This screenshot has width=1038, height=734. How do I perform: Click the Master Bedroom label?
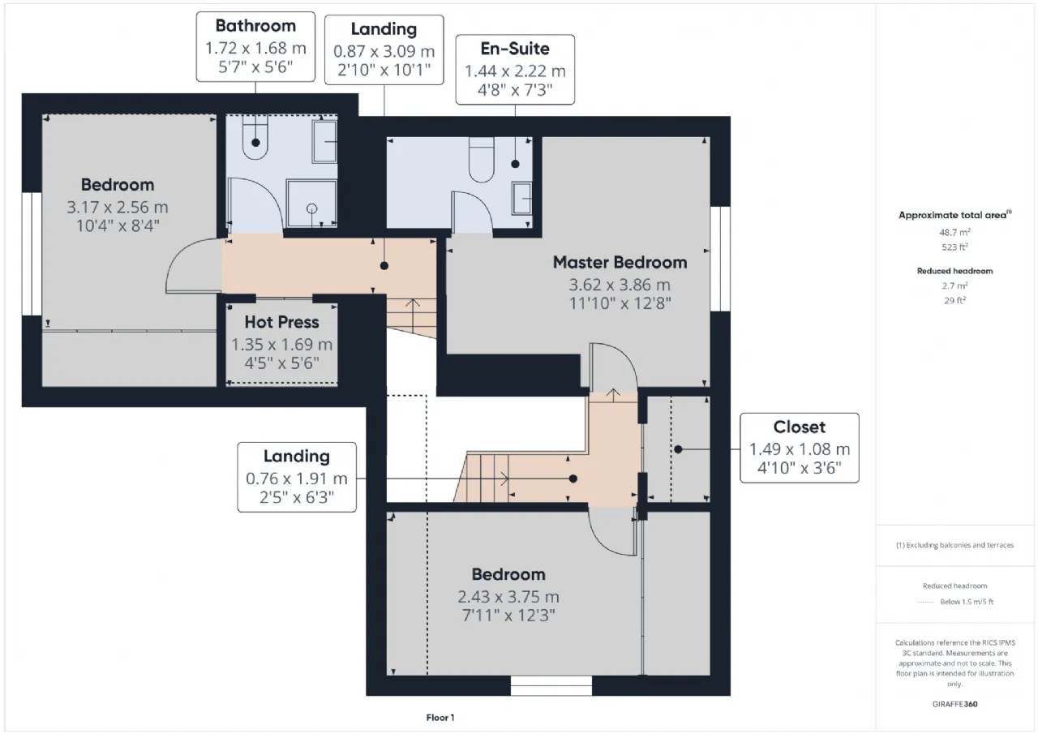620,262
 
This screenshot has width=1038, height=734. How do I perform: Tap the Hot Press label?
281,322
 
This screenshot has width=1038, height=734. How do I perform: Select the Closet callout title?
800,427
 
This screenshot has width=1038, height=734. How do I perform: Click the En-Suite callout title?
515,48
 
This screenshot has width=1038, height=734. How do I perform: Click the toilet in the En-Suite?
482,160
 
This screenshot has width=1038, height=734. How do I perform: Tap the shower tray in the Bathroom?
312,204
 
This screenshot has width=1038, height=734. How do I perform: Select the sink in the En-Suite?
521,199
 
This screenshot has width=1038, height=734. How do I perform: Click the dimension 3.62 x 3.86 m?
620,285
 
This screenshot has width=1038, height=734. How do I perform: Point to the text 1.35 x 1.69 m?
281,345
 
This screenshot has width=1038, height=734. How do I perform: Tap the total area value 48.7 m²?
954,232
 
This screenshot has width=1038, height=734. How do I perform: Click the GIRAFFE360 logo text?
954,704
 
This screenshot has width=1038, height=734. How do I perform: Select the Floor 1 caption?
440,717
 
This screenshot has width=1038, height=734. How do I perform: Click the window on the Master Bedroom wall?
721,259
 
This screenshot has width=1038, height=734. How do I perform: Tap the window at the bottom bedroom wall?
551,685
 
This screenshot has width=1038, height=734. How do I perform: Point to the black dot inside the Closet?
678,449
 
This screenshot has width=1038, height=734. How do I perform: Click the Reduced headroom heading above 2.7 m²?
954,271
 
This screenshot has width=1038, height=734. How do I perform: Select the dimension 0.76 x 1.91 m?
297,479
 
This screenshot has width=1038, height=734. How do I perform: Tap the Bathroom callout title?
255,25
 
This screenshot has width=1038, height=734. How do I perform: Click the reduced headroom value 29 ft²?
954,300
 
